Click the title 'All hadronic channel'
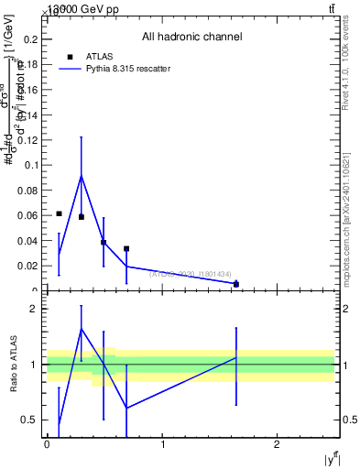coord(191,38)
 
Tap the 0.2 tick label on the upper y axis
coord(31,39)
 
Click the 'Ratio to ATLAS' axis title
coord(15,364)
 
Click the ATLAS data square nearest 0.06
coord(59,213)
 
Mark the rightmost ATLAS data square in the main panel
coord(236,284)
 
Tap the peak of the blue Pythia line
coord(82,176)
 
